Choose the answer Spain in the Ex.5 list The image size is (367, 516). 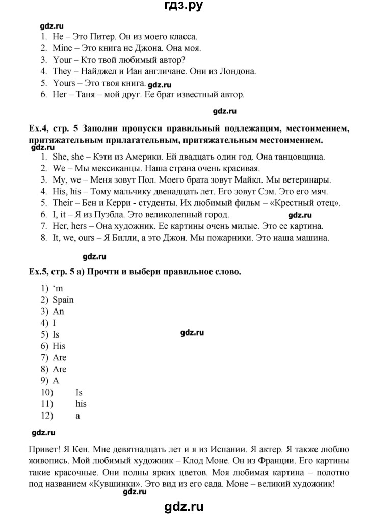[x=63, y=300]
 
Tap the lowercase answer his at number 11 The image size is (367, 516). [x=81, y=404]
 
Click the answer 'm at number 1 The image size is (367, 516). [x=58, y=289]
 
